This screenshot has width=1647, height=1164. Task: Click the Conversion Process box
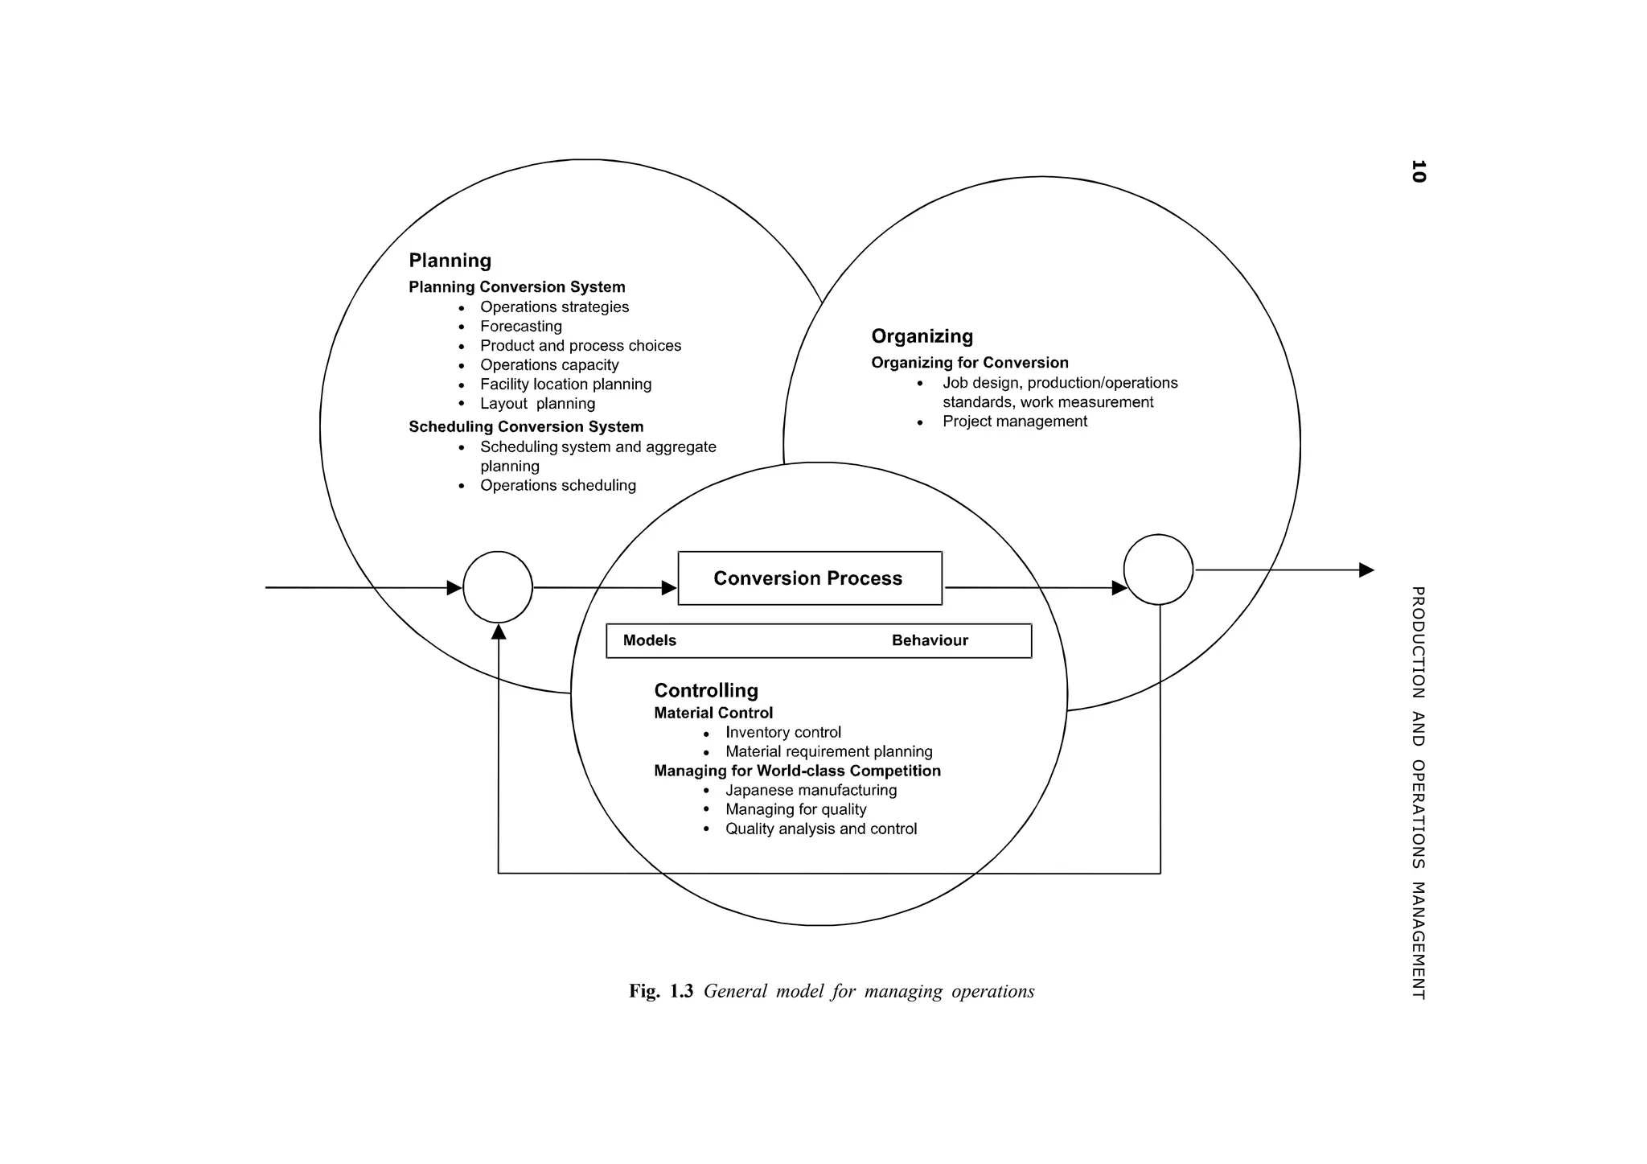[x=809, y=578]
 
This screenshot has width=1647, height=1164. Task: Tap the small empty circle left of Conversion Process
[x=498, y=587]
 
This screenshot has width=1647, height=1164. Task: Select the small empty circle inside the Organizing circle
[x=1158, y=570]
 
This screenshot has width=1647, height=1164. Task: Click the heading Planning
[x=450, y=261]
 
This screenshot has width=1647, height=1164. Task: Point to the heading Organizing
[x=922, y=336]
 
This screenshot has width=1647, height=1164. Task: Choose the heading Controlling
[x=706, y=690]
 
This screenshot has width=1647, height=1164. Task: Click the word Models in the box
[x=649, y=640]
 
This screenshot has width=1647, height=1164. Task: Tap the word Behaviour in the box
[x=930, y=640]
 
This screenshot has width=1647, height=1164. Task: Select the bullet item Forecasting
[x=520, y=327]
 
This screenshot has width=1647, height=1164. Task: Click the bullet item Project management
[x=1014, y=422]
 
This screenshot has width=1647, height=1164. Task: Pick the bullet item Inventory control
[x=782, y=732]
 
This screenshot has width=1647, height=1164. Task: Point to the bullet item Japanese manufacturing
[x=811, y=790]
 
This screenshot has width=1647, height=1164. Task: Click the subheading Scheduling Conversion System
[x=526, y=427]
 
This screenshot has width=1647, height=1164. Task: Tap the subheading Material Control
[x=713, y=713]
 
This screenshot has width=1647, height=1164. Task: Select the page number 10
[x=1418, y=171]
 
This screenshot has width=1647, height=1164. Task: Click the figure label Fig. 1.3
[x=660, y=991]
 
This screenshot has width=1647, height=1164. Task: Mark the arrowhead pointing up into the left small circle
[x=499, y=632]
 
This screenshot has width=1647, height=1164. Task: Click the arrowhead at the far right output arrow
[x=1366, y=570]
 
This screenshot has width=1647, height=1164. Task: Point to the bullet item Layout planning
[x=537, y=404]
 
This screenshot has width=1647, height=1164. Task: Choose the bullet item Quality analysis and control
[x=820, y=829]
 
